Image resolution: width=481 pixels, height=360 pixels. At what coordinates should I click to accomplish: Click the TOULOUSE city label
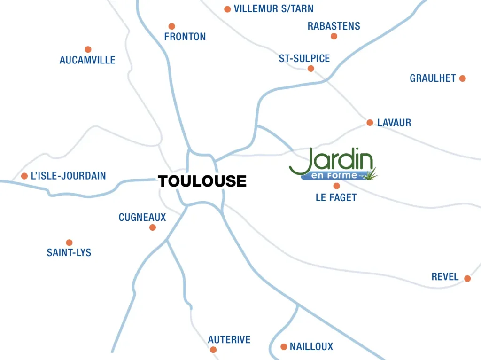(x=202, y=181)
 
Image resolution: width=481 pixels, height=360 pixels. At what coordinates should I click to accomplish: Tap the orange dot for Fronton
(x=172, y=26)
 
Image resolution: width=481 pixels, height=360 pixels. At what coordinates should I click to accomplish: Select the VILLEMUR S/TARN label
(x=273, y=9)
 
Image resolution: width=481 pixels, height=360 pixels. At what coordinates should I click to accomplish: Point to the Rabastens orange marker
(x=334, y=36)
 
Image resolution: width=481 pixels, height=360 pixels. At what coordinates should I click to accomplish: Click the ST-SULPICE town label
(x=304, y=59)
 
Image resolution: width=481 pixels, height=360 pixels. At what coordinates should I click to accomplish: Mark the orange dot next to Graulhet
(x=462, y=78)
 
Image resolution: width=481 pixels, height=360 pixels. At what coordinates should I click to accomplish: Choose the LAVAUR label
(x=394, y=123)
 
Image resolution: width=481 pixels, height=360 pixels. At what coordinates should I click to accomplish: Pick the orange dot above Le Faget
(x=336, y=186)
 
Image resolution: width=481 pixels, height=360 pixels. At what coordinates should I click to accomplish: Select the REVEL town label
(x=445, y=277)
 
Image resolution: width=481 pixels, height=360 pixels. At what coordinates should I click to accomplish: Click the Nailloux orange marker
(x=284, y=347)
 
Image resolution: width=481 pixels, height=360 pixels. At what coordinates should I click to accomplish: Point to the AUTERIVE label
(x=229, y=339)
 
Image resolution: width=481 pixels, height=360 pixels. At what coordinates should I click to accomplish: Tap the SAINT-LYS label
(x=69, y=253)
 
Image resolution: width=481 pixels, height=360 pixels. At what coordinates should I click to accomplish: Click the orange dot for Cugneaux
(x=152, y=227)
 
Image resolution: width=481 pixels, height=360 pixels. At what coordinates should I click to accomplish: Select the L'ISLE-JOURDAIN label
(x=68, y=176)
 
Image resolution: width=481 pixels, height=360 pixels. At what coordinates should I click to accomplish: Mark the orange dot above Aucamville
(x=88, y=49)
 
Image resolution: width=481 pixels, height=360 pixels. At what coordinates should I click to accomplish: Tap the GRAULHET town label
(x=433, y=78)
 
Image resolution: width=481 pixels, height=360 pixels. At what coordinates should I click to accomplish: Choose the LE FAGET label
(x=336, y=197)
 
